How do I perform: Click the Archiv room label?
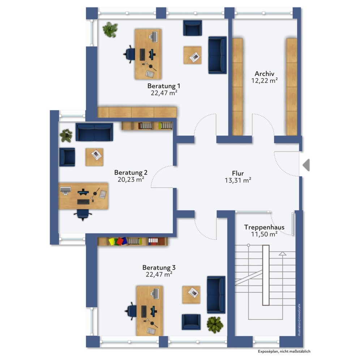pos(264,74)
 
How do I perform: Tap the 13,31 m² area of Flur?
pos(238,180)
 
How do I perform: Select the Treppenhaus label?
pos(264,227)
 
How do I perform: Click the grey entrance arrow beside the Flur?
pos(306,165)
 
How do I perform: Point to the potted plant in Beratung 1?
pos(110,30)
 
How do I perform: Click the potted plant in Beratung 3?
pos(215,325)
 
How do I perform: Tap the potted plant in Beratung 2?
pos(66,136)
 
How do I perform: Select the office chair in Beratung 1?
pos(129,55)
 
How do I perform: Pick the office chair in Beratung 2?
pos(83,214)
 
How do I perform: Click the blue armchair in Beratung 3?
pos(191,322)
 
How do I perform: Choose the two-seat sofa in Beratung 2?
pos(94,132)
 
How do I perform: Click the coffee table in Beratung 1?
pos(192,55)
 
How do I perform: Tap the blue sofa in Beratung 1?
pos(217,55)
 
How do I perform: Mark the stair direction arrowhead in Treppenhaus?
pos(283,254)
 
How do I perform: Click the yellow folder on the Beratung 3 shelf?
pos(112,242)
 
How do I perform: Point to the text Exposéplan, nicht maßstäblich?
pos(284,351)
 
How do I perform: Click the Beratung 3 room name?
pos(159,268)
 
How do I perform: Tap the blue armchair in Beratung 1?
pos(192,28)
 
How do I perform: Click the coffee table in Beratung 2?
pos(94,157)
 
